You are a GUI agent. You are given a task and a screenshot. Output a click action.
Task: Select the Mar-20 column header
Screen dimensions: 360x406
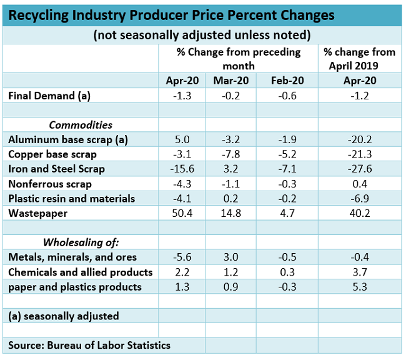(230, 80)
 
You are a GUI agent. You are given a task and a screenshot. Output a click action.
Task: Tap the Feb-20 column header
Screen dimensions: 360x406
(287, 80)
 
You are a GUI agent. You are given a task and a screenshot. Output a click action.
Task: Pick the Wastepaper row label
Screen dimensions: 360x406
(34, 214)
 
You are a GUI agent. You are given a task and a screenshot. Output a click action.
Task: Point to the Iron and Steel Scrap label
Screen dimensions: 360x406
(57, 169)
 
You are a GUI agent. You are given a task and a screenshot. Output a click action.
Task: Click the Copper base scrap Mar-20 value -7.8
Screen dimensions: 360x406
(230, 154)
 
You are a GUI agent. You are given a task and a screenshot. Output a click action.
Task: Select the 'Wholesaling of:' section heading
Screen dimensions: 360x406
(81, 242)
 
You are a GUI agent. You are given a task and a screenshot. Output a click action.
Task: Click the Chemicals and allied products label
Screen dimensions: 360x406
(81, 272)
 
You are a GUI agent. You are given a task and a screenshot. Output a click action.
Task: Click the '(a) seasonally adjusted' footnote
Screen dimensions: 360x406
(64, 316)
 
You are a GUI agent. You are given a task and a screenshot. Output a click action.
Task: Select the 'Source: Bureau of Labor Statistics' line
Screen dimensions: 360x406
(89, 345)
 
